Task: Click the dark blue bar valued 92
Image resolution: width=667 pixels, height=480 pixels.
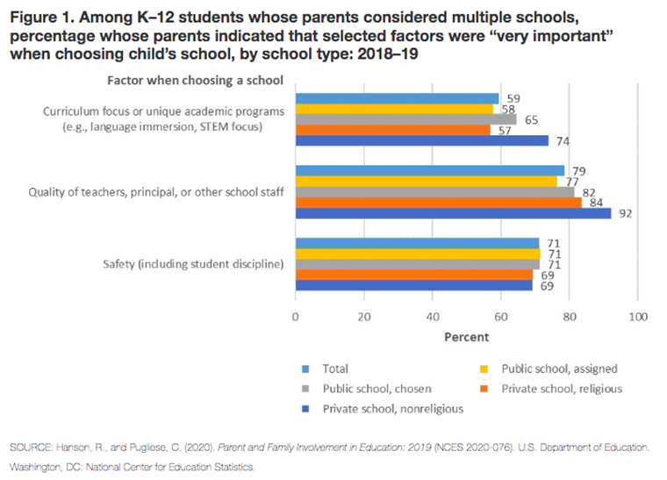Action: (x=453, y=213)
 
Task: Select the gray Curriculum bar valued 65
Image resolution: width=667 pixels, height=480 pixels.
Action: (x=405, y=119)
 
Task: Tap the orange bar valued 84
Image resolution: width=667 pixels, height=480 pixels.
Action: (x=439, y=203)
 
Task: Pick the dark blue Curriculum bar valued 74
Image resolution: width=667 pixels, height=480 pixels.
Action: (x=422, y=140)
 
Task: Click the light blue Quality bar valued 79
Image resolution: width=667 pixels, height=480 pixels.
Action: (x=430, y=170)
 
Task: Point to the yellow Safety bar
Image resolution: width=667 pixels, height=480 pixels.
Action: (x=418, y=254)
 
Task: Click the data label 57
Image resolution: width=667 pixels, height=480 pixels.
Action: (x=505, y=131)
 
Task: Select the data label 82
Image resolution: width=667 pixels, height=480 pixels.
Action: (x=589, y=192)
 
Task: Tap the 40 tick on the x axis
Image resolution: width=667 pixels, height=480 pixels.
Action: (x=433, y=317)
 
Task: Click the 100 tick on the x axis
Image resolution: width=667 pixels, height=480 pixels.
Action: (x=638, y=317)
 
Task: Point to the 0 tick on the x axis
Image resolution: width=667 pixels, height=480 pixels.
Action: (x=295, y=317)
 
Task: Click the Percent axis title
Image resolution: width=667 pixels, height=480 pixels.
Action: (x=467, y=337)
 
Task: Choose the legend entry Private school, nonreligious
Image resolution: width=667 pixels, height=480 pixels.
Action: (x=383, y=409)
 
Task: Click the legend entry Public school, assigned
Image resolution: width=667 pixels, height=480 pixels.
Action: (x=549, y=369)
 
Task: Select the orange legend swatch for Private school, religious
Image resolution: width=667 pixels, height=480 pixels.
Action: (x=484, y=389)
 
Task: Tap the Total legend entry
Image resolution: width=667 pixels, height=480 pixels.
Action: (x=325, y=369)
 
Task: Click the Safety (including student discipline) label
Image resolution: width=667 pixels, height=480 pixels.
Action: (x=193, y=264)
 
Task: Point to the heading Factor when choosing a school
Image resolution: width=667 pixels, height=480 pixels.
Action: (x=195, y=81)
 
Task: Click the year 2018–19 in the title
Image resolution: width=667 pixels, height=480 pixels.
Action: (x=388, y=54)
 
